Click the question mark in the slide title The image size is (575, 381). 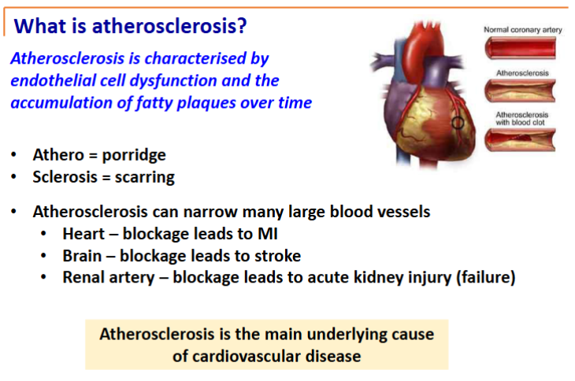(x=242, y=26)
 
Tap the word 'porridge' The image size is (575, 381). (x=134, y=155)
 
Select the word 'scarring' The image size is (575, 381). (x=145, y=177)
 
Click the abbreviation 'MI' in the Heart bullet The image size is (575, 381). (x=268, y=234)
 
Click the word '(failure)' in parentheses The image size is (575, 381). (x=486, y=277)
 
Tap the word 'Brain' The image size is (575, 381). (x=82, y=256)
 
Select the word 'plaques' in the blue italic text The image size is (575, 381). (x=206, y=103)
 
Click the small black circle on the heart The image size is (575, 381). (x=458, y=123)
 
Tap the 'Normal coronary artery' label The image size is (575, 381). (x=522, y=30)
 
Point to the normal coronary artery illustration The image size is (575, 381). (x=520, y=48)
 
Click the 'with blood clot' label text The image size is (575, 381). (x=520, y=123)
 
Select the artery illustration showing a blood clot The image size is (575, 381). (x=520, y=140)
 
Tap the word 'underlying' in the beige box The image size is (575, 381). (x=341, y=335)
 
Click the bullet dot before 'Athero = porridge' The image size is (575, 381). (x=14, y=154)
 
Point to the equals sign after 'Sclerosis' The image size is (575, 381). (x=106, y=178)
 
